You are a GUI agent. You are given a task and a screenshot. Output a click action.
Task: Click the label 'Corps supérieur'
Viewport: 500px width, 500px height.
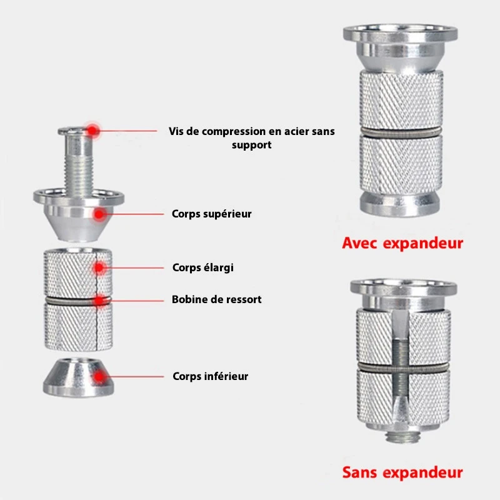(211, 214)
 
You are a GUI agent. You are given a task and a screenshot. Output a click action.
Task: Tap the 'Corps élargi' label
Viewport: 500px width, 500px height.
(202, 267)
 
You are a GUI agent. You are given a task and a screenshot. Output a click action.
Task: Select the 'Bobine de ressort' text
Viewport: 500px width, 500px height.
(216, 299)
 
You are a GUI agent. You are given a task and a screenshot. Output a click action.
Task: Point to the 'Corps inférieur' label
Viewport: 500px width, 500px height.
(210, 376)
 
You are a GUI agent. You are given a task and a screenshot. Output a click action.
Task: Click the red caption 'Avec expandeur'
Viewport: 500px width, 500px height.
(402, 243)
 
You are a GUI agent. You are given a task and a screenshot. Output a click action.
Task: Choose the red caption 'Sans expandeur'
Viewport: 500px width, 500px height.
(402, 472)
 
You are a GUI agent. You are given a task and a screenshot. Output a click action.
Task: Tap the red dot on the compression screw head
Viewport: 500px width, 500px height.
(92, 130)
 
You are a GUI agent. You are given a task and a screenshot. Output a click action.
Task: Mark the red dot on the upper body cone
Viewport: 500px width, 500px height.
(99, 214)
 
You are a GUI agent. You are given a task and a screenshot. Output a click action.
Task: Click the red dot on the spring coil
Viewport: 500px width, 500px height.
(100, 301)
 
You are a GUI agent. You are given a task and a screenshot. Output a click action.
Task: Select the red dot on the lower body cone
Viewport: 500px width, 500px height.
(99, 377)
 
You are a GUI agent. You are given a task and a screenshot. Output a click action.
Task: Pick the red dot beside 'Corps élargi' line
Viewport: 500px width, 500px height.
(99, 268)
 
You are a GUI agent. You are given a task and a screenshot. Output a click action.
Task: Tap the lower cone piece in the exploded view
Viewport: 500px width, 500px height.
(79, 377)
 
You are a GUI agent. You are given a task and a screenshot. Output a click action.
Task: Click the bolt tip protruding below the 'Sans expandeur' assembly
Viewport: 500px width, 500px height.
(399, 436)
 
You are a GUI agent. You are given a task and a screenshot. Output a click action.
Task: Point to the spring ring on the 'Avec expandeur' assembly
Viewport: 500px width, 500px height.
(401, 132)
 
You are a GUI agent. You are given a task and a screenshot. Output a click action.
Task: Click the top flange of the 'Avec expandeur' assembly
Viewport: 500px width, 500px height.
(401, 33)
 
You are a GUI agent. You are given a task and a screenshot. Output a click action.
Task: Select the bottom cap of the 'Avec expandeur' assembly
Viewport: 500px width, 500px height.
(400, 204)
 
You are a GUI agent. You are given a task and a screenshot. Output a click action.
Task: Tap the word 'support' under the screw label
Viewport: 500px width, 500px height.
(252, 146)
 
